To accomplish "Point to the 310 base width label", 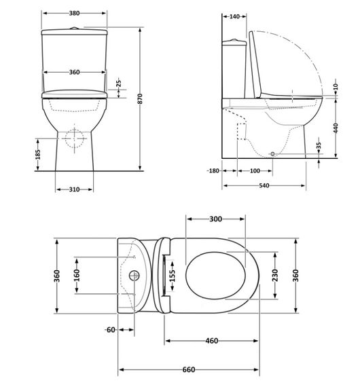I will (73, 189).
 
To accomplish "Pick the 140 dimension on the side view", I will (235, 16).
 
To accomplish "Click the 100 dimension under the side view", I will (254, 170).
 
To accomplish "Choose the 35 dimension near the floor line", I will (319, 147).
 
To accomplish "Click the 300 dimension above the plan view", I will (215, 219).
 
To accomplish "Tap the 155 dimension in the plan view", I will (173, 275).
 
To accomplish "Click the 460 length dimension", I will (211, 341).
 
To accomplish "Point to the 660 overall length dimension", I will (188, 369).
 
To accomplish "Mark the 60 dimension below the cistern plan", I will (110, 330).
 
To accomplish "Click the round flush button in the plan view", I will (134, 276).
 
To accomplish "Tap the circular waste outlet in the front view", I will (73, 137).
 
